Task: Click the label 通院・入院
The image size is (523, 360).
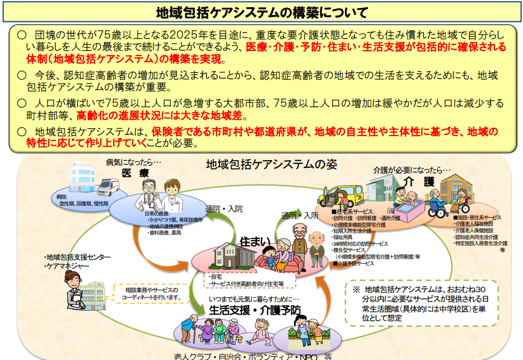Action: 224,209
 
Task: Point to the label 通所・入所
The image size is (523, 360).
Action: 300,214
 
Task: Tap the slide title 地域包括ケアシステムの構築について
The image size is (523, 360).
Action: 261,12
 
